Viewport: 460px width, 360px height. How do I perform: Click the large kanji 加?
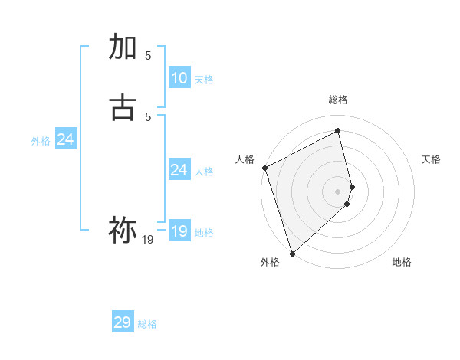pos(123,47)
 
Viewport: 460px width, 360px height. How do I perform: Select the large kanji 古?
pos(123,108)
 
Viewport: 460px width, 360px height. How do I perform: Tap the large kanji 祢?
pos(123,231)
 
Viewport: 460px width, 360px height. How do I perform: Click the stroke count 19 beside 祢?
pos(148,241)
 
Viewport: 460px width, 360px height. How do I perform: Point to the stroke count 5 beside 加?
pos(148,56)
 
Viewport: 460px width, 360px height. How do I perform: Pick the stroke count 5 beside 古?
pos(148,116)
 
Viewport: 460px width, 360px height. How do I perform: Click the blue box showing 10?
pos(179,78)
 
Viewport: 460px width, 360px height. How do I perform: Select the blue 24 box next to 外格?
pos(66,139)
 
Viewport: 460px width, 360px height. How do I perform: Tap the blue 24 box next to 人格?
pos(179,170)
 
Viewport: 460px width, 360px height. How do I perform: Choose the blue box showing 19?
pos(179,231)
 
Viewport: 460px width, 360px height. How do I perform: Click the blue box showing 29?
pos(123,322)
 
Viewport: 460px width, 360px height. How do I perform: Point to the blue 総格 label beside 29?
pos(147,324)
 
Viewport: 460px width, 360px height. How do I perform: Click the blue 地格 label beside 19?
pos(204,233)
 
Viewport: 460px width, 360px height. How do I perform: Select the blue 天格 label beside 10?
pos(204,80)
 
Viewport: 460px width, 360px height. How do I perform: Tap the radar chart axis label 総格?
pos(338,100)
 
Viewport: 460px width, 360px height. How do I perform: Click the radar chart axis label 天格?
pos(432,159)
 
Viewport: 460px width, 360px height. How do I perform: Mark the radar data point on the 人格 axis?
pos(264,168)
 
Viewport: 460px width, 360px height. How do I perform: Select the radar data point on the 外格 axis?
pos(292,253)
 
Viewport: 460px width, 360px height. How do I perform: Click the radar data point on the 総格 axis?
pos(338,131)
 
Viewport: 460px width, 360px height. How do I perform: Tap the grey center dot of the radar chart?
pos(338,191)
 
